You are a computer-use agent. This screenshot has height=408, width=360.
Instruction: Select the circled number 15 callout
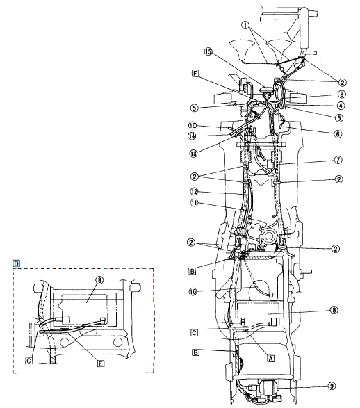(x=208, y=51)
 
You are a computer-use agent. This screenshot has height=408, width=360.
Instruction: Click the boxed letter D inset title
(x=17, y=263)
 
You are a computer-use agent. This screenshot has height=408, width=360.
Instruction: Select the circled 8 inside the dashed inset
(x=99, y=281)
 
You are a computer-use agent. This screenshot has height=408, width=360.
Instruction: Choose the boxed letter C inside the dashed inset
(x=28, y=361)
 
